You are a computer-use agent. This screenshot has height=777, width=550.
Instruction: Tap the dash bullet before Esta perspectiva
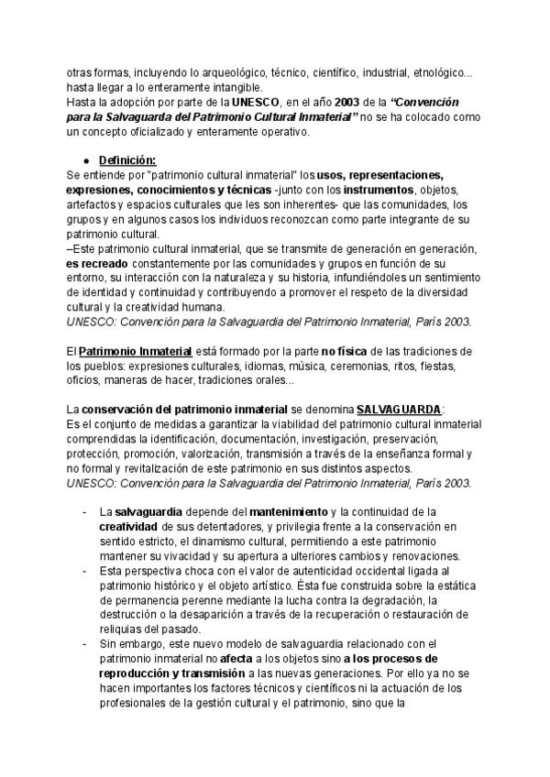85,569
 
